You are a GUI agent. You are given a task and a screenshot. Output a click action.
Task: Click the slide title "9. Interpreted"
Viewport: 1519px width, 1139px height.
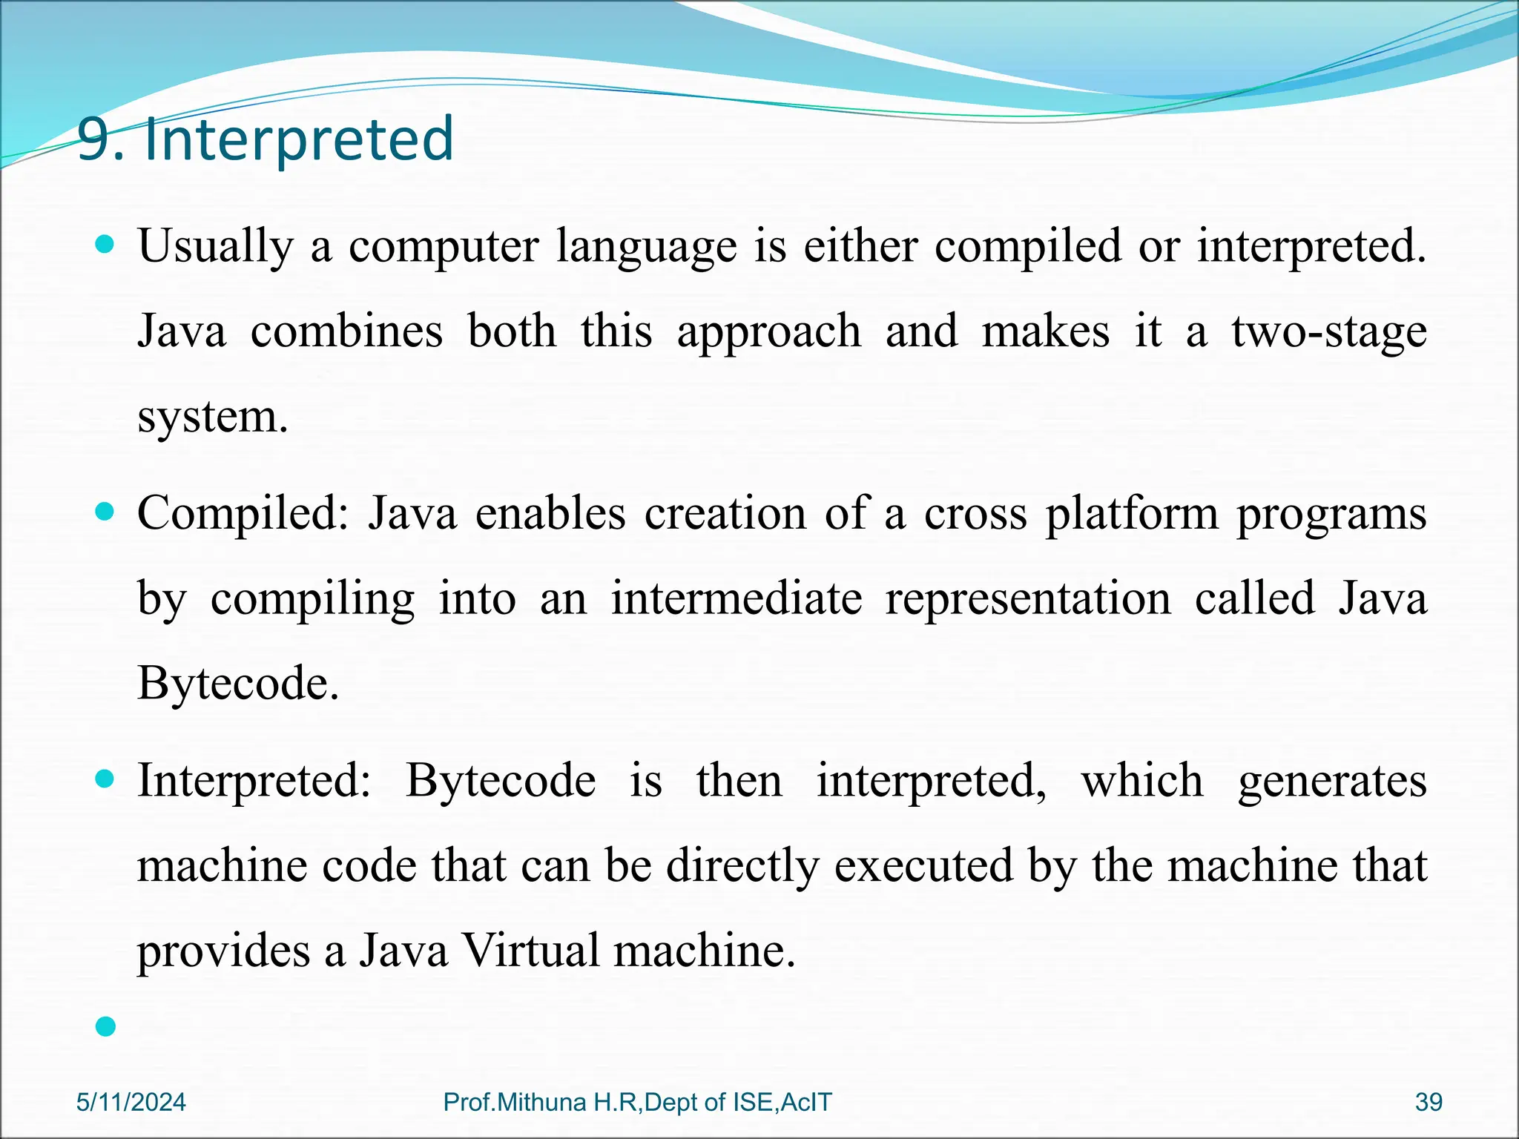pos(266,140)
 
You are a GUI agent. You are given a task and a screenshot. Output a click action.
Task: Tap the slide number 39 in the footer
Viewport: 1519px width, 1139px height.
pos(1429,1102)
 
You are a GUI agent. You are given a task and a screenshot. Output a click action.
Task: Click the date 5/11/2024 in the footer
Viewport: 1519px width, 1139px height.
pos(131,1102)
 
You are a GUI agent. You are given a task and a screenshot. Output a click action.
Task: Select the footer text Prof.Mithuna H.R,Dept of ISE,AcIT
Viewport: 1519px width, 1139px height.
pos(637,1102)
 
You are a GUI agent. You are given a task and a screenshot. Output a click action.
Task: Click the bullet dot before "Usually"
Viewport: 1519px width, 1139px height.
pos(106,244)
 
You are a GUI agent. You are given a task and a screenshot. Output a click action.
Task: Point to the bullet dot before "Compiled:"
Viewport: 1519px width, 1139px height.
pos(106,511)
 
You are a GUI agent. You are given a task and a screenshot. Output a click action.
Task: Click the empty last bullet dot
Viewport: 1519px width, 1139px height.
pos(106,1026)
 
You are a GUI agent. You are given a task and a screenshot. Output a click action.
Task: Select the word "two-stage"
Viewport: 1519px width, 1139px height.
pos(1329,331)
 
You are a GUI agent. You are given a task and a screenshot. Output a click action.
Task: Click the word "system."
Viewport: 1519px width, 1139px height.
pos(213,417)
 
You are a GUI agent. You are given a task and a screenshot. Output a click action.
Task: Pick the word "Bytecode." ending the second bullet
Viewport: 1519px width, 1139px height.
pos(238,683)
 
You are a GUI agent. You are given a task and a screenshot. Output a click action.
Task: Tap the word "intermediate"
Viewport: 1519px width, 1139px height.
pos(737,598)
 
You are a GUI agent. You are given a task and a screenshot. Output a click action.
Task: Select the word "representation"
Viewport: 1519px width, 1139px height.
pos(1029,598)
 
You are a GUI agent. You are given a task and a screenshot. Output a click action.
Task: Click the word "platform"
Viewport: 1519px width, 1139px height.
pos(1132,514)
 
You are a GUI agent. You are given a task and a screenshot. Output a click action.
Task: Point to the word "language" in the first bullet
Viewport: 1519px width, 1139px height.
pos(647,247)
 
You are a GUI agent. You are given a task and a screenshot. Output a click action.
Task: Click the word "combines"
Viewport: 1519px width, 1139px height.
pos(346,331)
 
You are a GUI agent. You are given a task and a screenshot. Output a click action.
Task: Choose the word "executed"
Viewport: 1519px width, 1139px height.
pos(923,865)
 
